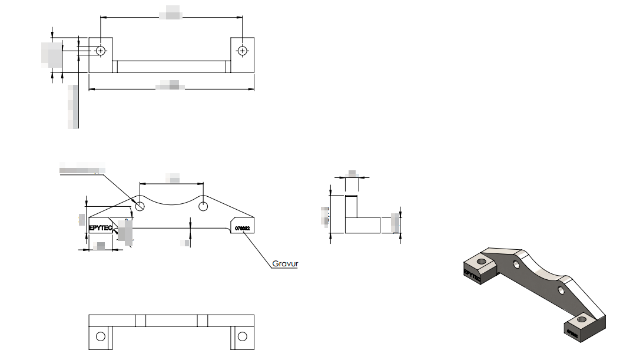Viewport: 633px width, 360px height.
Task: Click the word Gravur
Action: pyautogui.click(x=285, y=264)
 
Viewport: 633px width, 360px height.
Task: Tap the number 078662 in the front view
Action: pyautogui.click(x=243, y=228)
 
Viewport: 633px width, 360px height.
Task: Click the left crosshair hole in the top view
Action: pyautogui.click(x=101, y=51)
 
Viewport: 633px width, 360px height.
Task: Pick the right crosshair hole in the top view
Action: pyautogui.click(x=242, y=51)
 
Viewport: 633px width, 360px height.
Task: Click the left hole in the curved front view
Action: pyautogui.click(x=140, y=206)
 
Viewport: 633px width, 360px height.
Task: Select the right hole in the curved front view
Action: pyautogui.click(x=203, y=206)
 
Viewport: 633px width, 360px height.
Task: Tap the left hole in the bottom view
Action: pyautogui.click(x=101, y=336)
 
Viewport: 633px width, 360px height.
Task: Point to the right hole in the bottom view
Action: pyautogui.click(x=242, y=336)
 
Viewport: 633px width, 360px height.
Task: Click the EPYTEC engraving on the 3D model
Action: pyautogui.click(x=473, y=274)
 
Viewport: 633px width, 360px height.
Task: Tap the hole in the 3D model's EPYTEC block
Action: pyautogui.click(x=482, y=260)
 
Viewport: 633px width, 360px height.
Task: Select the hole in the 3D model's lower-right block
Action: pyautogui.click(x=582, y=319)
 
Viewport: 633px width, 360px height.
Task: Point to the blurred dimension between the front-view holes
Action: pyautogui.click(x=173, y=177)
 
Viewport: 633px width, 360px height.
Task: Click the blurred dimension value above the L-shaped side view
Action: pyautogui.click(x=352, y=173)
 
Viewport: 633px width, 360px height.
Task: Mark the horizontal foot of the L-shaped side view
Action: pyautogui.click(x=363, y=225)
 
